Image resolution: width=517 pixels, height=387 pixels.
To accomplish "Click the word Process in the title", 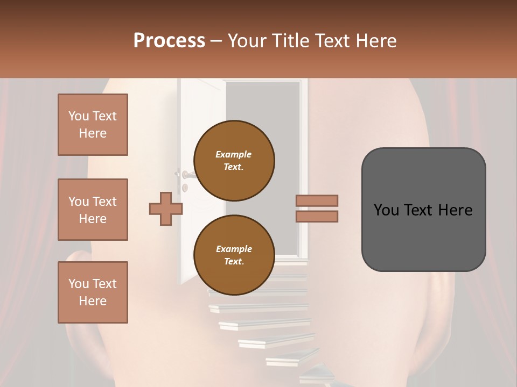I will pos(169,41).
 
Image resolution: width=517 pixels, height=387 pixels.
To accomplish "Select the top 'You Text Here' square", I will pos(93,125).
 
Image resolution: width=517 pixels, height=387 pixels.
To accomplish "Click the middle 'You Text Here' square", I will pos(93,210).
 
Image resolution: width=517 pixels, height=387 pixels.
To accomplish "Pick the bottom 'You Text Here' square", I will pos(93,292).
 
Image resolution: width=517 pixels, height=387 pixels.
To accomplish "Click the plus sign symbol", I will pos(165,209).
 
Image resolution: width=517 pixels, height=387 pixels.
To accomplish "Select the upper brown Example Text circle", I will pos(234,160).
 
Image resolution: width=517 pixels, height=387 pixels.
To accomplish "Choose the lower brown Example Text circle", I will pos(234,255).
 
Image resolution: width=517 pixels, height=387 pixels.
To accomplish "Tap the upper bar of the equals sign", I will pos(317,200).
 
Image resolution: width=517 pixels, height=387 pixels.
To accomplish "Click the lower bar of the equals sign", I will pos(317,216).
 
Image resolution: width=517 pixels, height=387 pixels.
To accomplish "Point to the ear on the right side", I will pos(447,301).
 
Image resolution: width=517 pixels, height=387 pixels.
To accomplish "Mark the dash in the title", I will pos(216,41).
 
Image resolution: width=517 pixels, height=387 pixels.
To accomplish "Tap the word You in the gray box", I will pos(387,210).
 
